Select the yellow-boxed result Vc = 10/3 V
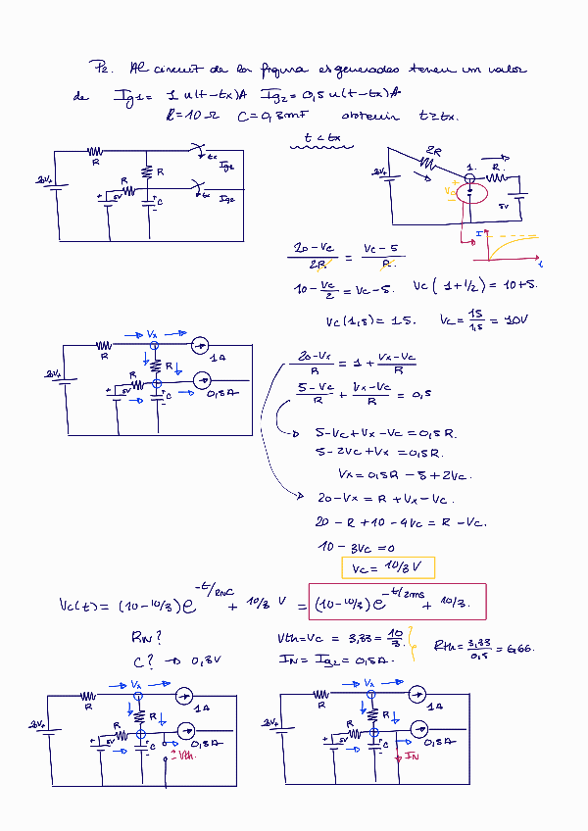point(387,567)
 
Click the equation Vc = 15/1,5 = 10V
point(485,319)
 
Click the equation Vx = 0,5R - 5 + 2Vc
point(404,475)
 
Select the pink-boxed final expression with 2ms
point(397,601)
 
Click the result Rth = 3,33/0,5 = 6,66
point(481,647)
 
